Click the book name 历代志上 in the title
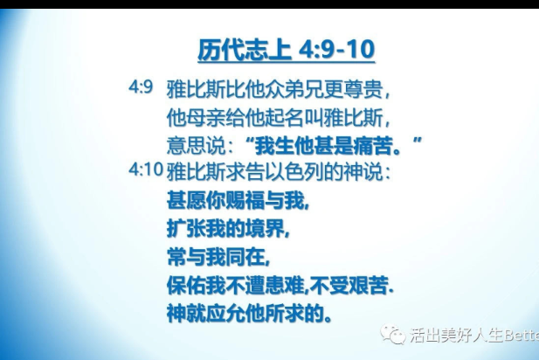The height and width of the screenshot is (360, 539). click(x=245, y=50)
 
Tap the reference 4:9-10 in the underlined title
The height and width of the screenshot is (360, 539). click(x=337, y=50)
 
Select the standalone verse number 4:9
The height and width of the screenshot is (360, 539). click(x=141, y=87)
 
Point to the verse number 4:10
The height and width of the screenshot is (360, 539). click(x=146, y=170)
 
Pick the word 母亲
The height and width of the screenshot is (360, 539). click(x=196, y=118)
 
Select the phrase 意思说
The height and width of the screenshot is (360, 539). click(x=197, y=145)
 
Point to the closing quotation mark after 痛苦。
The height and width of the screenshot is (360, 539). click(x=417, y=141)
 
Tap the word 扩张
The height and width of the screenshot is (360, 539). click(x=186, y=228)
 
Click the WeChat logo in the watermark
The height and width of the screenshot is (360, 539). click(x=392, y=334)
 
